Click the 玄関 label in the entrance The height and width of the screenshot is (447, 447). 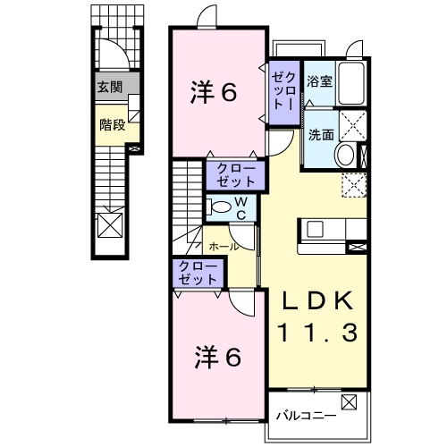112,89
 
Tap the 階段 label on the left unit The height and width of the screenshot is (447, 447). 112,125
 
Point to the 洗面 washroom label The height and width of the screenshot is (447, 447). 321,136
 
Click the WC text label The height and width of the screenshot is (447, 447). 240,208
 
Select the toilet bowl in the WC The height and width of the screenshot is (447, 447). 217,208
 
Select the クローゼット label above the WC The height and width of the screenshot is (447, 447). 236,174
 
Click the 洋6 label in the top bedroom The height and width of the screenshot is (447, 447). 215,92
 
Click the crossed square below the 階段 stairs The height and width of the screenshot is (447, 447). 111,223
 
